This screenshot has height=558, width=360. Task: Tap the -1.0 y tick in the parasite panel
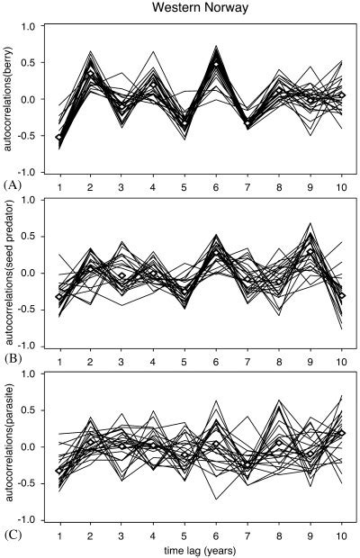(x=29, y=520)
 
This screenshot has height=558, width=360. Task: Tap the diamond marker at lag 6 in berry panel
(x=215, y=63)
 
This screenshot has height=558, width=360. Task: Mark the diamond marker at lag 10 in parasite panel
(x=339, y=433)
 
